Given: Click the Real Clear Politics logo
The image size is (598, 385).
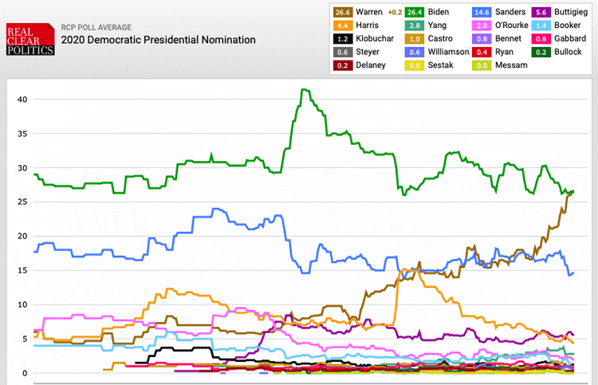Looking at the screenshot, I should click(30, 40).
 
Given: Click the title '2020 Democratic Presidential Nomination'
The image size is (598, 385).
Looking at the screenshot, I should click(159, 40).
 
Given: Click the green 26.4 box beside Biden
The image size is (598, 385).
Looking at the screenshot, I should click(415, 12).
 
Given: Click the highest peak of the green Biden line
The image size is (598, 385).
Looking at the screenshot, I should click(303, 89).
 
